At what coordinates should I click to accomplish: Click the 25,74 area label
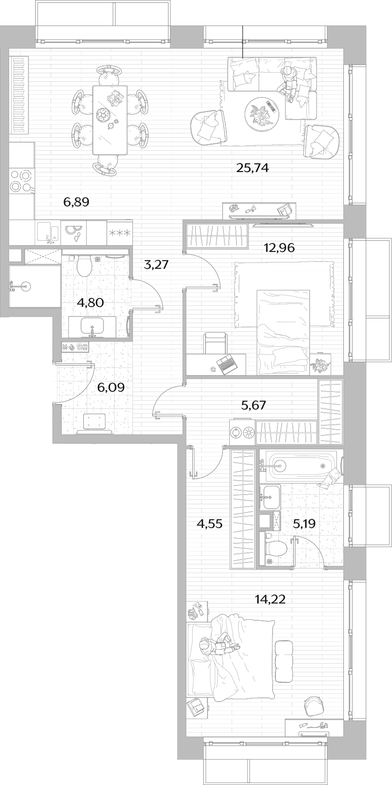pyautogui.click(x=252, y=168)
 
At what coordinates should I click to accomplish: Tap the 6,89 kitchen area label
pyautogui.click(x=77, y=202)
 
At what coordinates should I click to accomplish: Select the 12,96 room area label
pyautogui.click(x=279, y=248)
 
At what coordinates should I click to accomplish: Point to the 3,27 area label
pyautogui.click(x=157, y=264)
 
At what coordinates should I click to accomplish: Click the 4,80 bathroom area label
pyautogui.click(x=91, y=303)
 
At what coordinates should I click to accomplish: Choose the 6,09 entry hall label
pyautogui.click(x=111, y=387)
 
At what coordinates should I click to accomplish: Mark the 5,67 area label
pyautogui.click(x=254, y=406)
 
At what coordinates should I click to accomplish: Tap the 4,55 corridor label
pyautogui.click(x=209, y=524)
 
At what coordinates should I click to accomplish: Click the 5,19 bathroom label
pyautogui.click(x=304, y=524)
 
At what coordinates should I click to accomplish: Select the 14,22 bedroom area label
pyautogui.click(x=270, y=599)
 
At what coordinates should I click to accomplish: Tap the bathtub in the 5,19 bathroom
pyautogui.click(x=299, y=466)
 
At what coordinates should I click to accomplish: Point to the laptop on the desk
pyautogui.click(x=226, y=364)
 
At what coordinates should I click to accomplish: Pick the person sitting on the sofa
pyautogui.click(x=288, y=83)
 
